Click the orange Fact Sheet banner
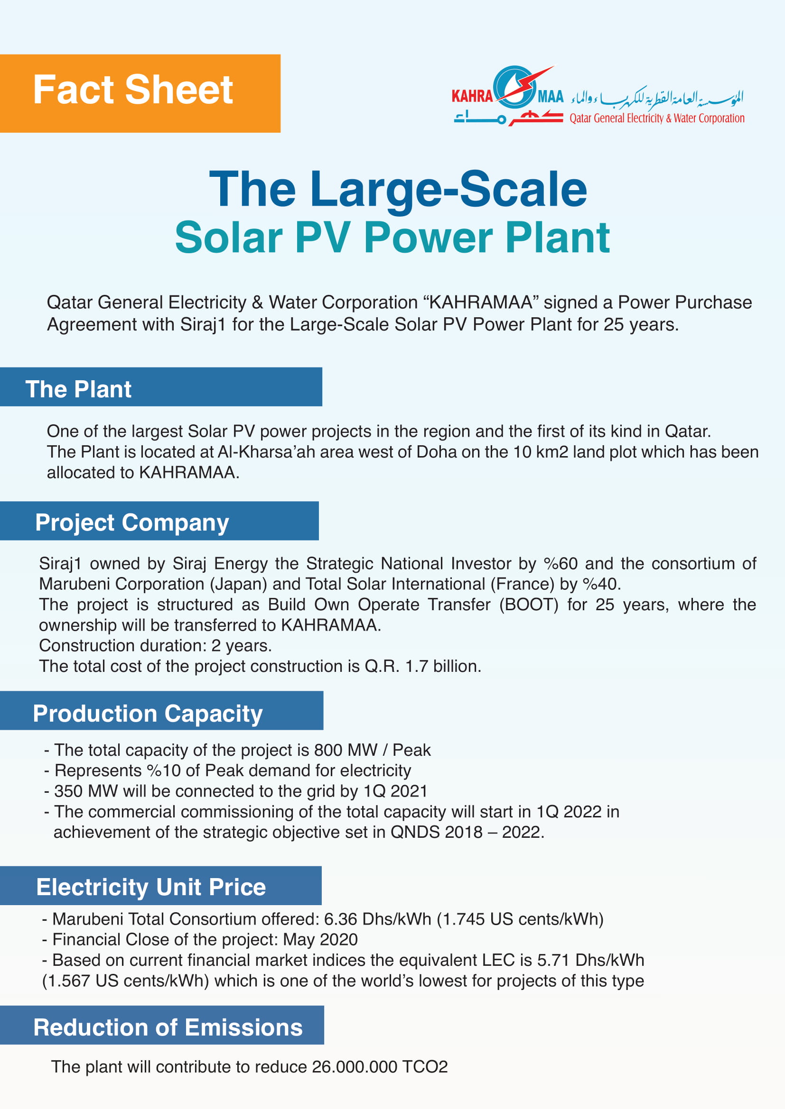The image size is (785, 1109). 140,93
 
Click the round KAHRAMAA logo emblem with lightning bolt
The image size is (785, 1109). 515,87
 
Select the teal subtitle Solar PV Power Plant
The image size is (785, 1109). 392,238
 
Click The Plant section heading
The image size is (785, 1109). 78,389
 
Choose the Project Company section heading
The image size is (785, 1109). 132,522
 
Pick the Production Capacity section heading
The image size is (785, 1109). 148,714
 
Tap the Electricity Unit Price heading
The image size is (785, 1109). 151,887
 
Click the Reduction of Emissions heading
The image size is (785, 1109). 168,1027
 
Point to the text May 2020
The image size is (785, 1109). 320,939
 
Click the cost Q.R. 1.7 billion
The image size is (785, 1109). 422,667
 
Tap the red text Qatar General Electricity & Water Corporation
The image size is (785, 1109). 656,119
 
